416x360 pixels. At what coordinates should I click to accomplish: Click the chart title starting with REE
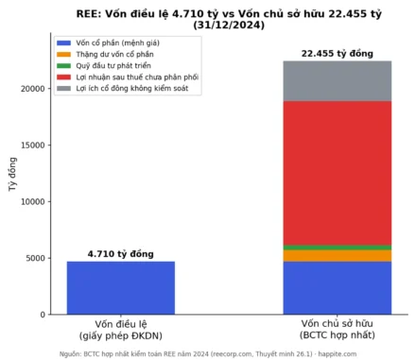(229, 19)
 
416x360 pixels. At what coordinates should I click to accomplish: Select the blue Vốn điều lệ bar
(121, 288)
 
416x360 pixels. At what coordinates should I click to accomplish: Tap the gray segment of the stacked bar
(338, 81)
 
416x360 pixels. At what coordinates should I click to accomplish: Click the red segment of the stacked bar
(338, 173)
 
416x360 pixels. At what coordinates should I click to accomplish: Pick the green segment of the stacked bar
(338, 248)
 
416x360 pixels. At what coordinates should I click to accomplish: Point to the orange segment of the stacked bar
(338, 256)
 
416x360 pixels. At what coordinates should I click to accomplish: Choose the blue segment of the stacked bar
(338, 288)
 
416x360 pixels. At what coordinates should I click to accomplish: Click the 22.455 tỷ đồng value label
(338, 54)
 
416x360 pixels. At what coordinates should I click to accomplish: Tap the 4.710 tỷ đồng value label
(121, 254)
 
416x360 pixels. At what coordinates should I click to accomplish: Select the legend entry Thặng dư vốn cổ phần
(114, 54)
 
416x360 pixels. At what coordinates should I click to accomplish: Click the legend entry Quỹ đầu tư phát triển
(113, 65)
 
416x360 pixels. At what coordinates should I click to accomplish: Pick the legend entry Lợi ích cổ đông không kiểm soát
(132, 88)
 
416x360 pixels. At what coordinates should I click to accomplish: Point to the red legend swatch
(64, 77)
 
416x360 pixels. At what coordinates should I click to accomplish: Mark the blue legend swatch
(64, 43)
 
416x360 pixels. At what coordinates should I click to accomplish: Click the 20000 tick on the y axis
(33, 89)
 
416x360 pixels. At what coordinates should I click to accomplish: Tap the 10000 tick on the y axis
(33, 202)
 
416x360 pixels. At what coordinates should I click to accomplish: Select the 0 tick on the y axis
(43, 315)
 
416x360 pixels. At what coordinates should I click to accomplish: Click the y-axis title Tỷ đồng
(12, 174)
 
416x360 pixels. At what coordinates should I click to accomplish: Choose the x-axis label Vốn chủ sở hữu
(338, 323)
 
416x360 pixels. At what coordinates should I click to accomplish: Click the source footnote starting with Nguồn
(208, 354)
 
